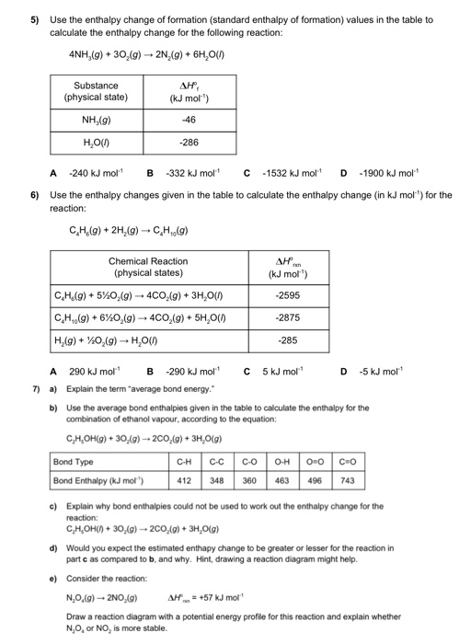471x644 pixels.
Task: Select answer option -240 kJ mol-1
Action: pos(98,171)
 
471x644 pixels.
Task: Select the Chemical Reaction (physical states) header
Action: pos(148,267)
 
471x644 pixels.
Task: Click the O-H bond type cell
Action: pos(281,461)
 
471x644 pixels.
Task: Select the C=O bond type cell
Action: pos(346,461)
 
